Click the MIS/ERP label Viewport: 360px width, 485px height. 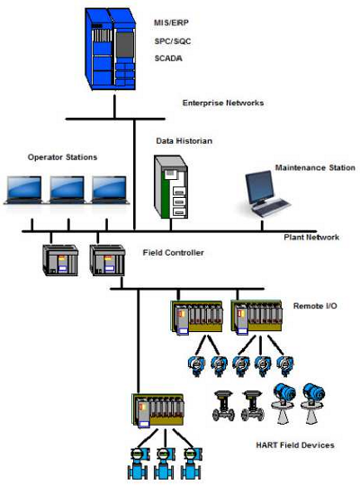pyautogui.click(x=171, y=22)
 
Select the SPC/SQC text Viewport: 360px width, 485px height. pyautogui.click(x=173, y=41)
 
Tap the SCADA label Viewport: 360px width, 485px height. pyautogui.click(x=168, y=58)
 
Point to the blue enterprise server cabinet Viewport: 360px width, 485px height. pyautogui.click(x=111, y=49)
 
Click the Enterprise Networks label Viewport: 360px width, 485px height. pyautogui.click(x=223, y=103)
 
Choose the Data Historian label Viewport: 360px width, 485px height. pyautogui.click(x=184, y=141)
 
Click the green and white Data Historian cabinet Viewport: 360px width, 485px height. pyautogui.click(x=171, y=187)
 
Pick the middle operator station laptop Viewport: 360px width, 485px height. pyautogui.click(x=67, y=190)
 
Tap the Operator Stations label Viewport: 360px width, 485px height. pyautogui.click(x=62, y=157)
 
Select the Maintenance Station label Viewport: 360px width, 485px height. pyautogui.click(x=315, y=167)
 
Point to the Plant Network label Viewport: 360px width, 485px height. pyautogui.click(x=311, y=238)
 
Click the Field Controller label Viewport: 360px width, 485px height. pyautogui.click(x=173, y=252)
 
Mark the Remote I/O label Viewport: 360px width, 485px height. pyautogui.click(x=315, y=306)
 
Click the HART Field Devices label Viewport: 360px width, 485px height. pyautogui.click(x=295, y=445)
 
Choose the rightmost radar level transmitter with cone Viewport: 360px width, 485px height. pyautogui.click(x=313, y=403)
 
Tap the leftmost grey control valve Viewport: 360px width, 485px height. pyautogui.click(x=223, y=406)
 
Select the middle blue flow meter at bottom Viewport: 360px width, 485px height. pyautogui.click(x=164, y=463)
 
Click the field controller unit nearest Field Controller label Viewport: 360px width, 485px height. pyautogui.click(x=107, y=260)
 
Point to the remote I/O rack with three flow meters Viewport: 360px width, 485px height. pyautogui.click(x=158, y=410)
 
